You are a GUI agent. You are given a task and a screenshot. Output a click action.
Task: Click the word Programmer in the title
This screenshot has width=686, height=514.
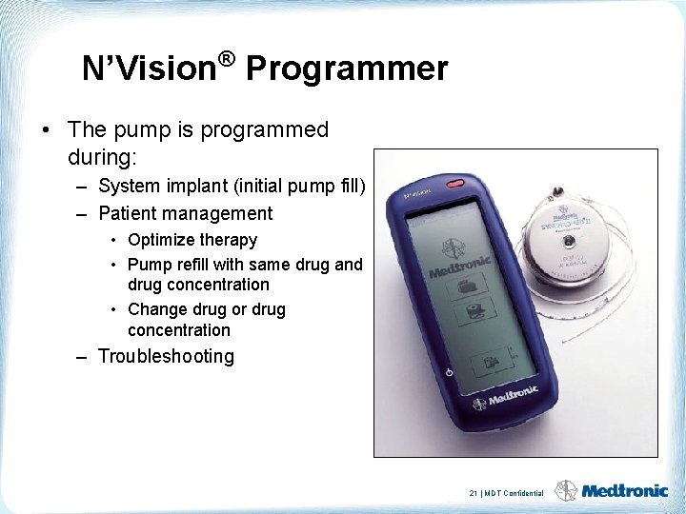[346, 69]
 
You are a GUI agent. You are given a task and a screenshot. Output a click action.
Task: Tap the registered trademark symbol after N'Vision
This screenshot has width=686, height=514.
[226, 60]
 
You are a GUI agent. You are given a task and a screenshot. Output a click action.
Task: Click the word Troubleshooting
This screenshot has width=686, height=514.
[166, 357]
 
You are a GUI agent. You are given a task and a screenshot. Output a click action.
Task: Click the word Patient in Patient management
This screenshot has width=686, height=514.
[128, 214]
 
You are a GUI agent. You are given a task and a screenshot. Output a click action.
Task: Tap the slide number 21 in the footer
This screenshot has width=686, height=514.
[474, 493]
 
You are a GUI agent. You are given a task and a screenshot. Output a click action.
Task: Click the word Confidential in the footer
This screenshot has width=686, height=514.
[524, 493]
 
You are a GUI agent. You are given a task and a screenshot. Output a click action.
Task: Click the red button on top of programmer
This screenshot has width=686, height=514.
[454, 183]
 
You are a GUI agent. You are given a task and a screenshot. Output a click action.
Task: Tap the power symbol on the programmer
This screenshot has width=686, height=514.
[449, 370]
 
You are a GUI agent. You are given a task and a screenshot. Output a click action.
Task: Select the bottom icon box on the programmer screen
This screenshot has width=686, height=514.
[490, 362]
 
